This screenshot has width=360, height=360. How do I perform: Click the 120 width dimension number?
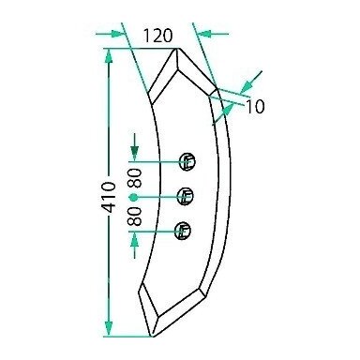tap(157, 36)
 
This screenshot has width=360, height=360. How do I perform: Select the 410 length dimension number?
tap(110, 197)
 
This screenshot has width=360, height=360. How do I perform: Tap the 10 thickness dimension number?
tap(256, 107)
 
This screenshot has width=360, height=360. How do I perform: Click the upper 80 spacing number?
tap(136, 178)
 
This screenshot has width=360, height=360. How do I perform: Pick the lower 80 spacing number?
tap(135, 217)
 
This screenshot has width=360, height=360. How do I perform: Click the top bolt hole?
tap(187, 162)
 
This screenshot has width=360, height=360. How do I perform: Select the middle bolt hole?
tap(186, 197)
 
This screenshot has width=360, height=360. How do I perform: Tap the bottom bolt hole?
tap(183, 231)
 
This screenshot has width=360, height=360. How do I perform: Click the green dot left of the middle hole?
tap(133, 197)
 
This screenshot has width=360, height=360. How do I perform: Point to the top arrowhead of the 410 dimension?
tap(109, 56)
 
